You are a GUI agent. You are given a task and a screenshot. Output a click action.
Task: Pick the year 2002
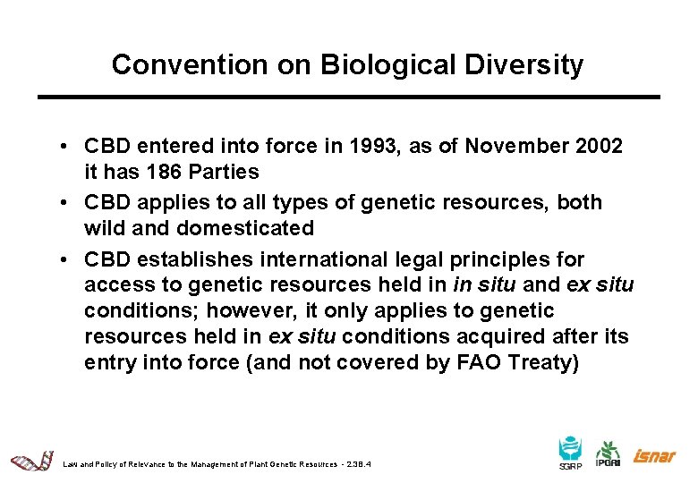(598, 146)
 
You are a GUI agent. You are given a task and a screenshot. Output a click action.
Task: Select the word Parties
(227, 172)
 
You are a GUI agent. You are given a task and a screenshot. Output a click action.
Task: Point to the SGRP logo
(570, 453)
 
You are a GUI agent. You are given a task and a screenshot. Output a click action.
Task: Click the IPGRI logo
(609, 455)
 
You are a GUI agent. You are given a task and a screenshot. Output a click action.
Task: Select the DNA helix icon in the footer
(32, 462)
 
